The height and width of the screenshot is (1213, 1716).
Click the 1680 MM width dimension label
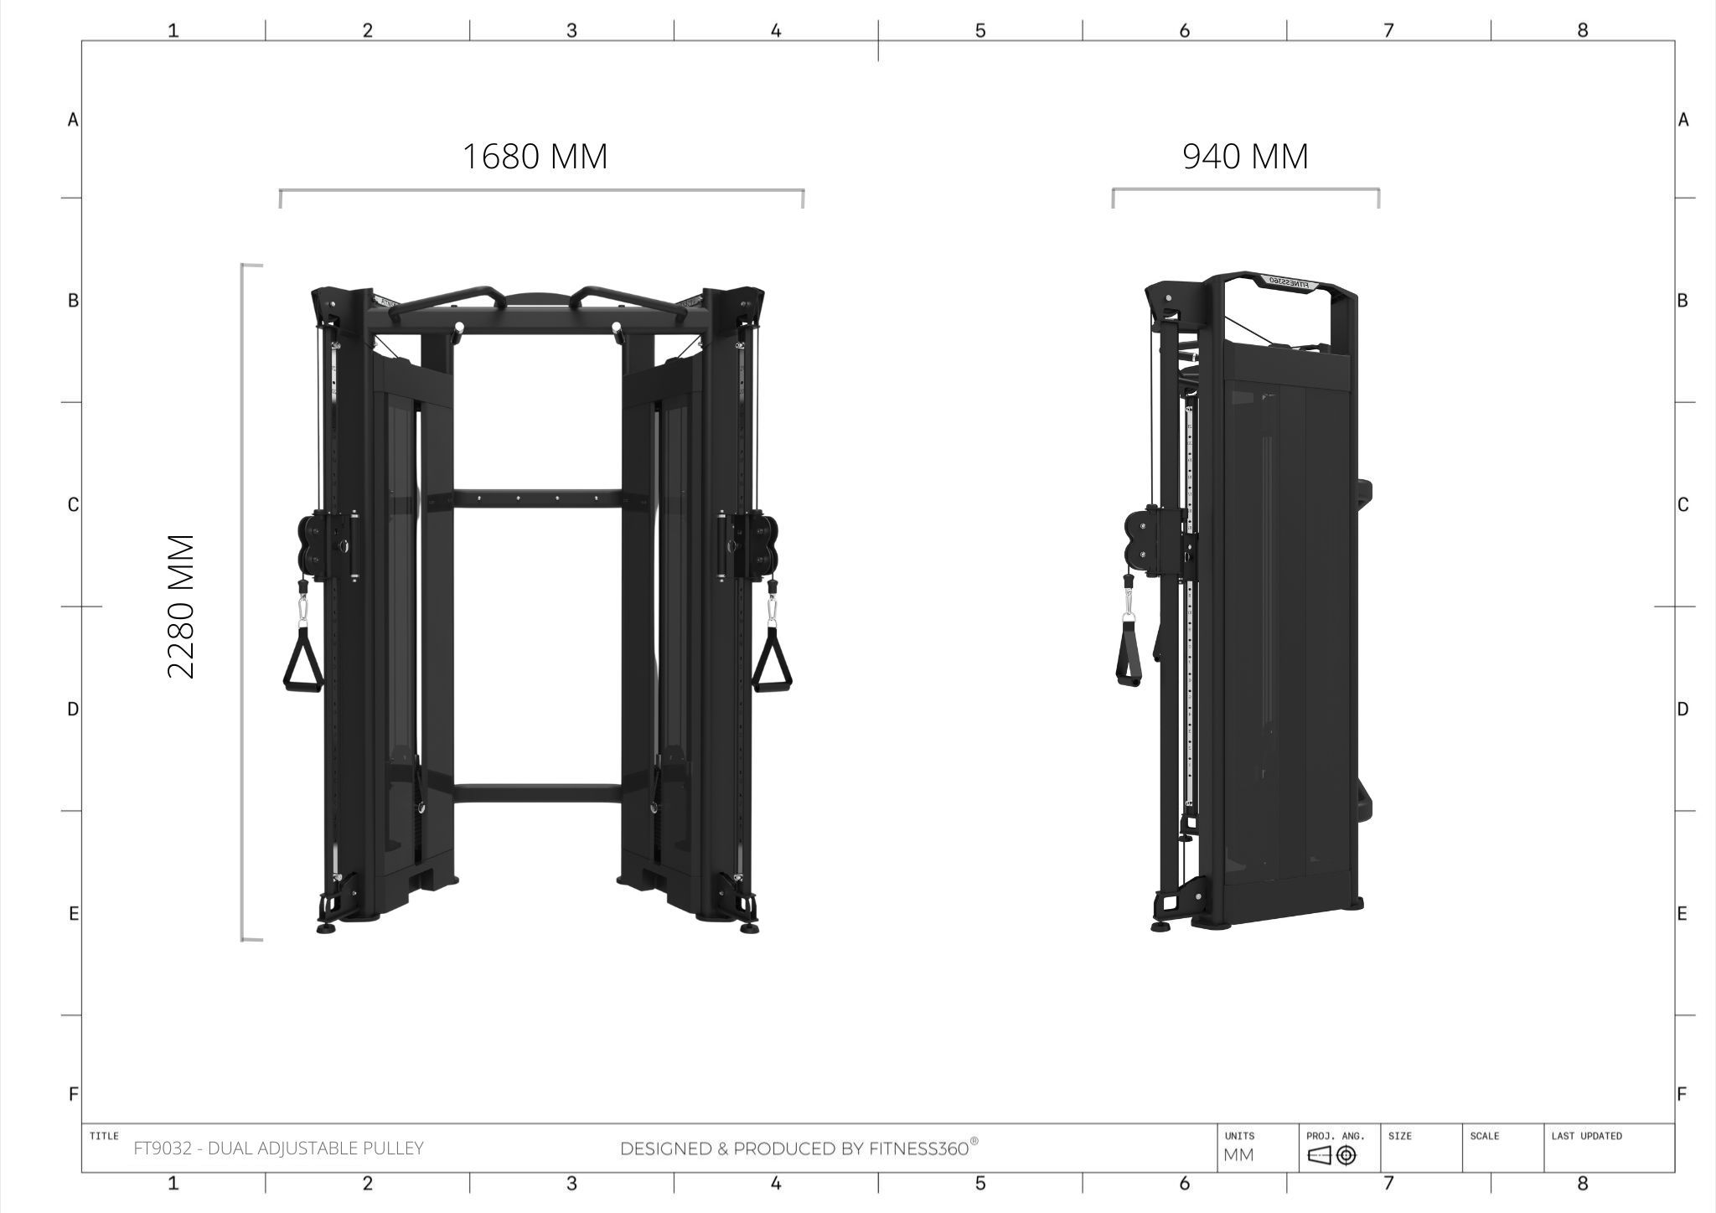click(x=535, y=157)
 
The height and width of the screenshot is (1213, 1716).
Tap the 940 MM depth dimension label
click(x=1245, y=157)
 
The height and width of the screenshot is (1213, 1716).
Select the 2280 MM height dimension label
click(x=182, y=606)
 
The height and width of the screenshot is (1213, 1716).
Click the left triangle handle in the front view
click(x=302, y=662)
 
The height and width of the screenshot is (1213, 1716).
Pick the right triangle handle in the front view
click(x=772, y=662)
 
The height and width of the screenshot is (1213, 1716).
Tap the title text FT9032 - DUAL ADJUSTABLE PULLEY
click(x=279, y=1148)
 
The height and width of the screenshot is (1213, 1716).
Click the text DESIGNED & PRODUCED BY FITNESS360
click(x=799, y=1148)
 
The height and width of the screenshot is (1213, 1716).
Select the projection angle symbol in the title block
click(x=1331, y=1156)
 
